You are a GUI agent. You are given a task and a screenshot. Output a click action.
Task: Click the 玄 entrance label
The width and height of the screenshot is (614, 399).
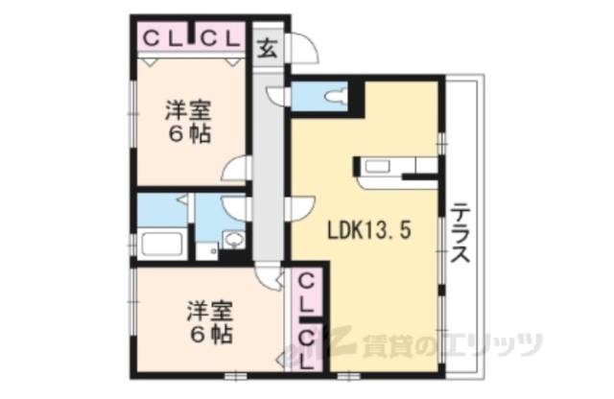pos(268,51)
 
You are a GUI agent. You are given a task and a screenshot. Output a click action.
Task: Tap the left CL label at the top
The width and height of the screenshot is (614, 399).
pos(162,38)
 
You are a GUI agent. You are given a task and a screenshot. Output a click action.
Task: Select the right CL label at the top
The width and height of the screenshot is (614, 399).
pos(220,38)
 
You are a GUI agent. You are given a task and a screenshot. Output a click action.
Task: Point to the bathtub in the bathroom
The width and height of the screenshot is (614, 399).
pos(161,243)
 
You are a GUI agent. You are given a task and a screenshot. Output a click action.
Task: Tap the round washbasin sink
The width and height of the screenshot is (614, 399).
pos(231,239)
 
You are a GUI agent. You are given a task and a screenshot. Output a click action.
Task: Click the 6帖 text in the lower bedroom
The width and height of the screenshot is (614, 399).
pos(208,335)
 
